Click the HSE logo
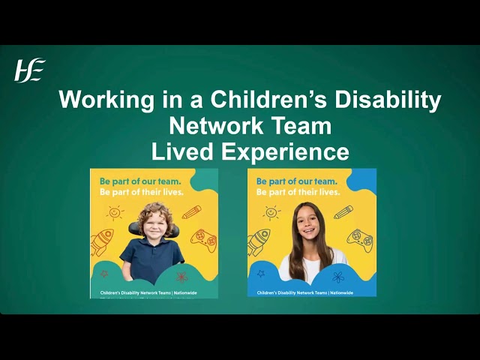click(x=30, y=70)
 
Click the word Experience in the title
click(x=285, y=151)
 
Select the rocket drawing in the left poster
click(x=102, y=241)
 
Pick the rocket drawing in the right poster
click(x=259, y=241)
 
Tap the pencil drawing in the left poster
click(x=191, y=211)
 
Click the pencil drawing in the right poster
click(x=343, y=212)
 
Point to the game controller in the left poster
click(x=202, y=239)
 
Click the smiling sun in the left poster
click(x=115, y=213)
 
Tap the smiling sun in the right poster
click(x=271, y=213)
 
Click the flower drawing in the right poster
click(x=339, y=276)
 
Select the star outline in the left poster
click(x=104, y=274)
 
